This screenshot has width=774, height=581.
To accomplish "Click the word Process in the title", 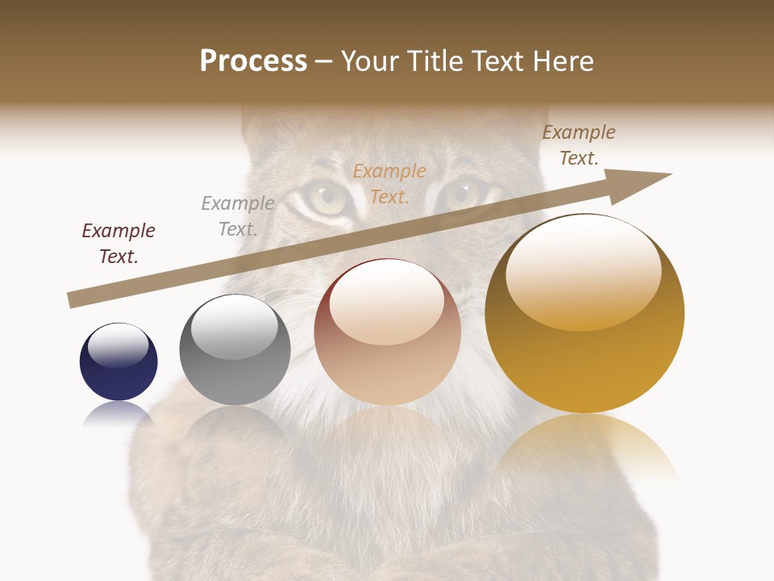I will (253, 61).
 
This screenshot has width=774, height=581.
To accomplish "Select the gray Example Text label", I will (238, 216).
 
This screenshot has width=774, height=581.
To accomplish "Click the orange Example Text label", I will (389, 183).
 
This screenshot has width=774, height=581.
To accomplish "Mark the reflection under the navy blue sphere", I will (119, 413).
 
